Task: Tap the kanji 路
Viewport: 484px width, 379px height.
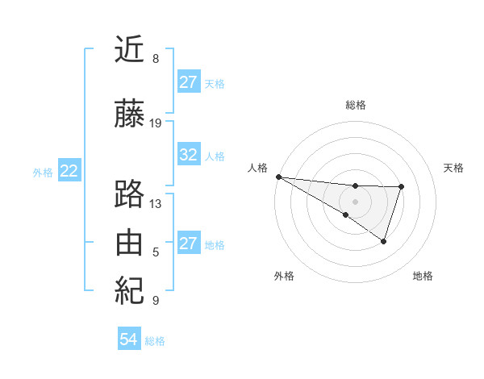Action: point(129,194)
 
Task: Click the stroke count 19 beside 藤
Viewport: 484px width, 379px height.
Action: point(156,123)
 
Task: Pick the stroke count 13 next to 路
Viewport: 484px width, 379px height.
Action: point(156,204)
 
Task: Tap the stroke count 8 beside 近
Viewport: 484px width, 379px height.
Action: point(156,59)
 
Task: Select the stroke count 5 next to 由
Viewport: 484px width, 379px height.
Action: point(156,252)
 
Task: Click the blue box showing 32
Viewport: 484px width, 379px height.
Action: point(189,155)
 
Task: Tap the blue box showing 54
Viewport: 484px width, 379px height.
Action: point(128,340)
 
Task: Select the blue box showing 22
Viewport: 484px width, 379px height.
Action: point(69,171)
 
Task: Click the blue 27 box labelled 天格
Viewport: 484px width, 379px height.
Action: point(189,82)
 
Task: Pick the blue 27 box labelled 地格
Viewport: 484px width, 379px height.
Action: point(189,244)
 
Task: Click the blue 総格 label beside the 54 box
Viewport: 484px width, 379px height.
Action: point(155,341)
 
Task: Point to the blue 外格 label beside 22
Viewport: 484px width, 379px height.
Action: point(42,172)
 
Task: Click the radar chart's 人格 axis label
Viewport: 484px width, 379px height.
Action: point(257,167)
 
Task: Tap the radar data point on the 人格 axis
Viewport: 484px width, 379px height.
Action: point(278,176)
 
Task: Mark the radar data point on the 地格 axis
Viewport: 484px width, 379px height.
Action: point(384,241)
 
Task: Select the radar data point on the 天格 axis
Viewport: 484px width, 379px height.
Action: point(402,187)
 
